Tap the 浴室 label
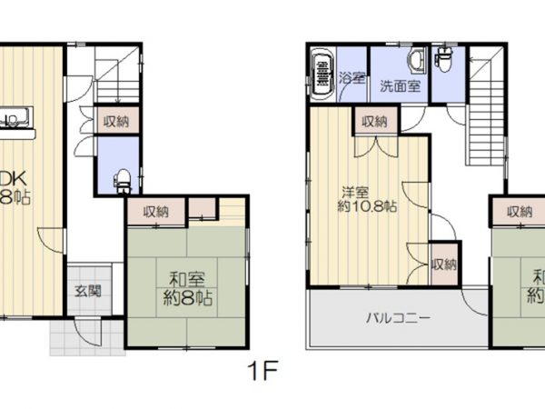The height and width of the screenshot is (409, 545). pyautogui.click(x=352, y=78)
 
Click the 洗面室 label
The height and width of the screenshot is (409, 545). pyautogui.click(x=400, y=87)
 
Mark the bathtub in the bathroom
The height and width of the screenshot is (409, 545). pyautogui.click(x=322, y=75)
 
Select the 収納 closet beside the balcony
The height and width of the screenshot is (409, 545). pyautogui.click(x=443, y=264)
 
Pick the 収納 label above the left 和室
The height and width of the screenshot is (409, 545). pyautogui.click(x=156, y=211)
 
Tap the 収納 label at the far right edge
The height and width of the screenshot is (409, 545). pyautogui.click(x=520, y=212)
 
